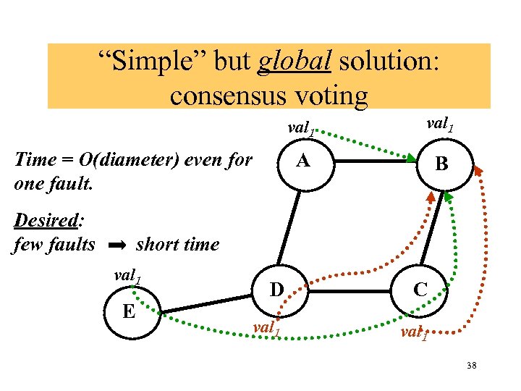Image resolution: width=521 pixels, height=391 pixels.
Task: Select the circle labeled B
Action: click(441, 165)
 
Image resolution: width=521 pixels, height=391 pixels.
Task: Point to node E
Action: click(130, 311)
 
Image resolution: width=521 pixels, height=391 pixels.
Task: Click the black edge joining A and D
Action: click(291, 228)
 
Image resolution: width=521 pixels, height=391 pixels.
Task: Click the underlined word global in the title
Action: click(295, 64)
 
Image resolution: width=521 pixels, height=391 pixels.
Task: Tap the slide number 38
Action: click(471, 366)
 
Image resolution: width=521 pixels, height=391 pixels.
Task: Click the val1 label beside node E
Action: click(129, 276)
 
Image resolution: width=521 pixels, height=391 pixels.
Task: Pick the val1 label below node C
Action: click(413, 334)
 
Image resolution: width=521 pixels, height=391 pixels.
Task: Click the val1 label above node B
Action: click(441, 125)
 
